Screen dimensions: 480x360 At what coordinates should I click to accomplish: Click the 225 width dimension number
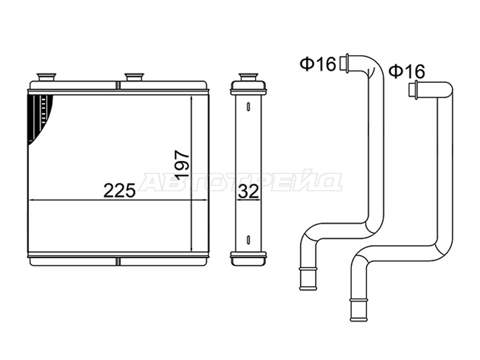pyautogui.click(x=119, y=191)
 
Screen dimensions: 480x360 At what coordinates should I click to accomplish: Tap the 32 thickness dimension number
pyautogui.click(x=248, y=191)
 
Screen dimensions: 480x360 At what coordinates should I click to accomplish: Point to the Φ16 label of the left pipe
pyautogui.click(x=318, y=64)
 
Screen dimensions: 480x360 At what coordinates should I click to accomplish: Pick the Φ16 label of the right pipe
pyautogui.click(x=407, y=71)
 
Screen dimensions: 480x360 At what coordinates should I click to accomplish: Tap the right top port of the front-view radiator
pyautogui.click(x=134, y=77)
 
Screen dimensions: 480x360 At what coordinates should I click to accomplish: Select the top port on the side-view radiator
pyautogui.click(x=248, y=77)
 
